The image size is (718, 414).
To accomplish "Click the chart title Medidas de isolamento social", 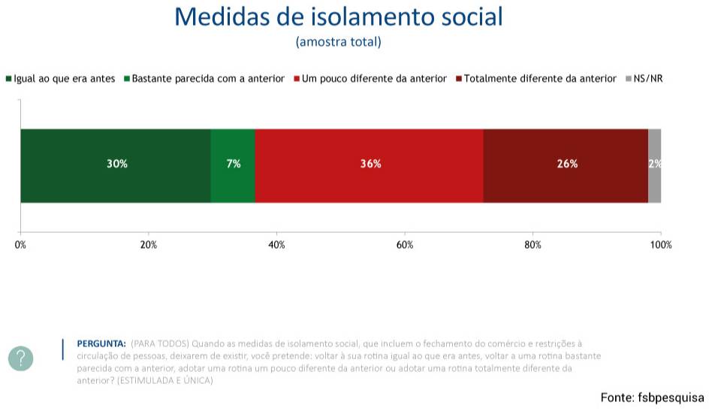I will click(338, 17).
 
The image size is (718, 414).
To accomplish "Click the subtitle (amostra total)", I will click(338, 42).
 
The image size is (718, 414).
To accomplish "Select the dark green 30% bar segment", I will click(116, 165).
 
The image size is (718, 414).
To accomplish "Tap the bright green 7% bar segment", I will click(233, 165).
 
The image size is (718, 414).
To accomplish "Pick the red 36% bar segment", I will click(370, 165).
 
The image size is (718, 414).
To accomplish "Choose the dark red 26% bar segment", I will click(566, 165).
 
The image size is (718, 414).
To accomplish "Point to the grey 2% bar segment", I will click(655, 165).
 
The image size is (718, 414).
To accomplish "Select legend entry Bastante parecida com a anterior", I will click(204, 78).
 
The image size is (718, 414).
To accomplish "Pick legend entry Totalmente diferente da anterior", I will click(536, 78).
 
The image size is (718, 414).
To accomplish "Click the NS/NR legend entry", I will click(644, 78).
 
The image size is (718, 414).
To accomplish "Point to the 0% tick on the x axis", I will click(20, 245).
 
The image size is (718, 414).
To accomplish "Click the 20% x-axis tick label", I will click(149, 245).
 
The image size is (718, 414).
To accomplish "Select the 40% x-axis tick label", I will click(276, 245).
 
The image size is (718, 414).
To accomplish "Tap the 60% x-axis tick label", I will click(405, 245).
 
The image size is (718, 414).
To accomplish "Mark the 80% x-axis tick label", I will click(532, 245).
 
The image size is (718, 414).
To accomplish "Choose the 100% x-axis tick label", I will click(661, 245).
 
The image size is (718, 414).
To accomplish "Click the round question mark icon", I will click(21, 358).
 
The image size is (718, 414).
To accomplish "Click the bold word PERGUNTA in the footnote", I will click(101, 343).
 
